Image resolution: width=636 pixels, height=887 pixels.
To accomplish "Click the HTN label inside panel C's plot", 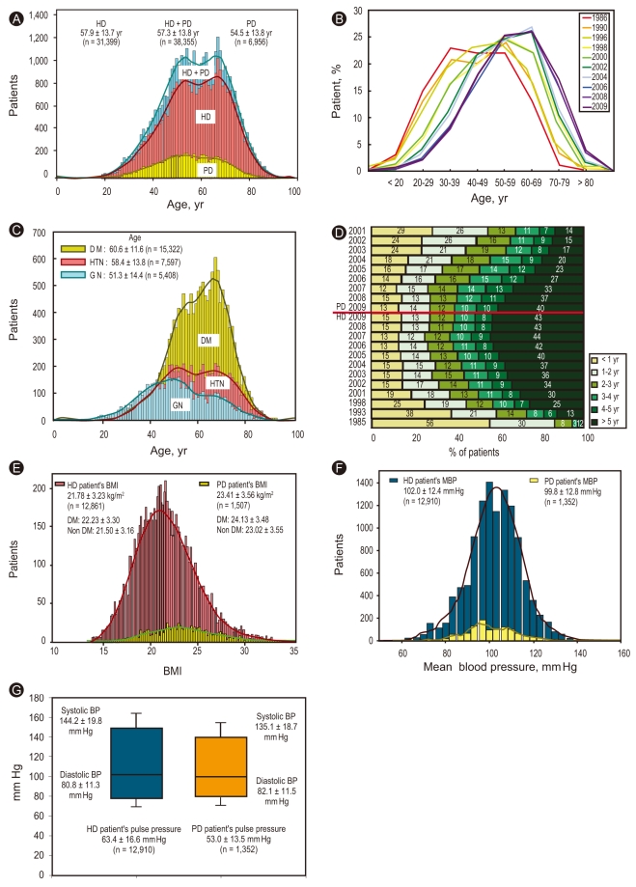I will pos(218,383).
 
